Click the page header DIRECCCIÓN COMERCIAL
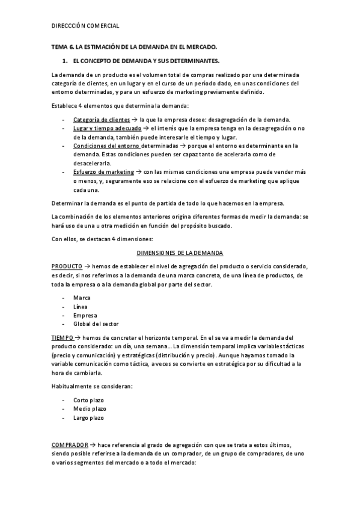(85, 26)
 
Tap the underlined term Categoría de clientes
(101, 119)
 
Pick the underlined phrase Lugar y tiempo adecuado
(107, 129)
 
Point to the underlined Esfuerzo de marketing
(103, 171)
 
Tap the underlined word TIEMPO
(62, 338)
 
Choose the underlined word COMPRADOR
(70, 444)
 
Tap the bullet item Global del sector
(96, 324)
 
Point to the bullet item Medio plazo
(90, 408)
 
